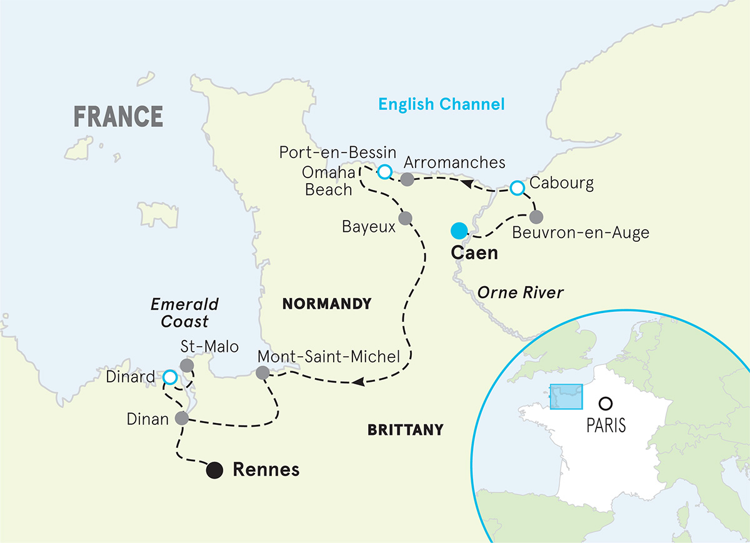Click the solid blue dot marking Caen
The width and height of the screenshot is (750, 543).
point(459,231)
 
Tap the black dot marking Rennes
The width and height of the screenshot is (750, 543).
point(215,470)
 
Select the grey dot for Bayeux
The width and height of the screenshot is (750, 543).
point(405,218)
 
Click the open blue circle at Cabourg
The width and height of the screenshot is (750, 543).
point(517,187)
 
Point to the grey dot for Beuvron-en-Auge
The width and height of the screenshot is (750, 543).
point(536,217)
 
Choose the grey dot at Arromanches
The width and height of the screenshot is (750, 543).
point(407,180)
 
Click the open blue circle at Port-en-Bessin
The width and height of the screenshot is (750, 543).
point(385,171)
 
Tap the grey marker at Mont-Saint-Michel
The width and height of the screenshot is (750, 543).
point(262,373)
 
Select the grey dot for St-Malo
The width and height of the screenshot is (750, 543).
point(186,365)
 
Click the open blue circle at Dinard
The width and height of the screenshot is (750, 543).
point(169,377)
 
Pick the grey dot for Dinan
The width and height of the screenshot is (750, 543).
point(182,418)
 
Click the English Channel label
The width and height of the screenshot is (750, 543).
point(441,104)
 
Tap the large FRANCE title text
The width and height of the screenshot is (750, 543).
point(119,117)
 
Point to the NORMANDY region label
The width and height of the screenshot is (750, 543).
point(327,304)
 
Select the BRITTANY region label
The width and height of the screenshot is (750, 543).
point(406,430)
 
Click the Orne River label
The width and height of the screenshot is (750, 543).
point(521,292)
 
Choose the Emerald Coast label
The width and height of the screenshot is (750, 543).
point(184,312)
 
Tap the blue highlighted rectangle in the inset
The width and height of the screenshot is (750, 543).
point(566,397)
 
